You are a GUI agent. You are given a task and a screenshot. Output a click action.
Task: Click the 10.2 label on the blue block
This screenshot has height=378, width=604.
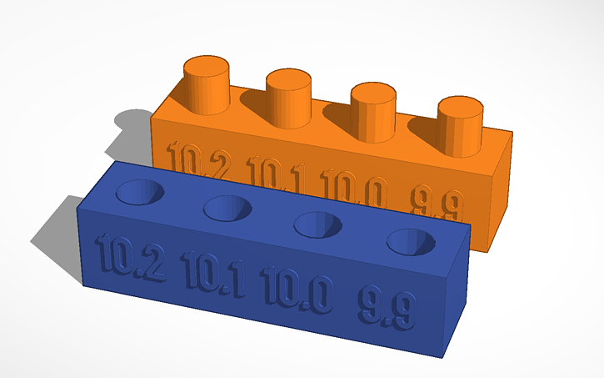pos(129,256)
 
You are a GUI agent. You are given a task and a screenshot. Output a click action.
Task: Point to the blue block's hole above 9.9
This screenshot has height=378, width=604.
pos(411,240)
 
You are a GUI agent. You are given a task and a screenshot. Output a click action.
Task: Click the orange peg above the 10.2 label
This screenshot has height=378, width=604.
pos(207,83)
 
